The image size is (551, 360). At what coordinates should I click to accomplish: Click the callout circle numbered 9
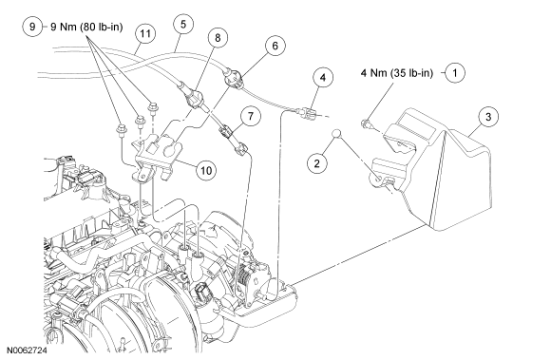[32, 27]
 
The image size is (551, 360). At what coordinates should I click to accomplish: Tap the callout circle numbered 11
[145, 33]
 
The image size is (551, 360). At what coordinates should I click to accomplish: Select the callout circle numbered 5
[183, 25]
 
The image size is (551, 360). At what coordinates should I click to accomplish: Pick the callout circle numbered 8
[218, 38]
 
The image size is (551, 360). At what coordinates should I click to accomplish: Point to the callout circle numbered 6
[275, 46]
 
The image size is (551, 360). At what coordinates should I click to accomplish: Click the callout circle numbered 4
[323, 77]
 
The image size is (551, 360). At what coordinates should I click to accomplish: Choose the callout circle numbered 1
[455, 73]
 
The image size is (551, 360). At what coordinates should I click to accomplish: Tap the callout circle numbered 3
[488, 117]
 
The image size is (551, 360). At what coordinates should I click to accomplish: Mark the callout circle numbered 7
[251, 116]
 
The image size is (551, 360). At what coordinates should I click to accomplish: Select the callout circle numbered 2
[317, 163]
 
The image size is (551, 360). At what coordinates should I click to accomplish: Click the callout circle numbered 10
[206, 170]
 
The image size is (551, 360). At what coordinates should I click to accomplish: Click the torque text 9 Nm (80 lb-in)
[86, 27]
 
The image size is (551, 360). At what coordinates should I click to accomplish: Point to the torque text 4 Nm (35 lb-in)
[397, 73]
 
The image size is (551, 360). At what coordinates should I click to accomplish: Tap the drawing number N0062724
[27, 351]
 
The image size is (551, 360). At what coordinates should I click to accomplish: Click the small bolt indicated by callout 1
[365, 123]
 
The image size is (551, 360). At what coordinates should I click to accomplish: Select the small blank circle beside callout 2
[336, 134]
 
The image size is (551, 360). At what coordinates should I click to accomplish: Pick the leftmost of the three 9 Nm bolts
[121, 128]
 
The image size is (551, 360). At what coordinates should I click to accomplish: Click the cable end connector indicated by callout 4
[307, 112]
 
